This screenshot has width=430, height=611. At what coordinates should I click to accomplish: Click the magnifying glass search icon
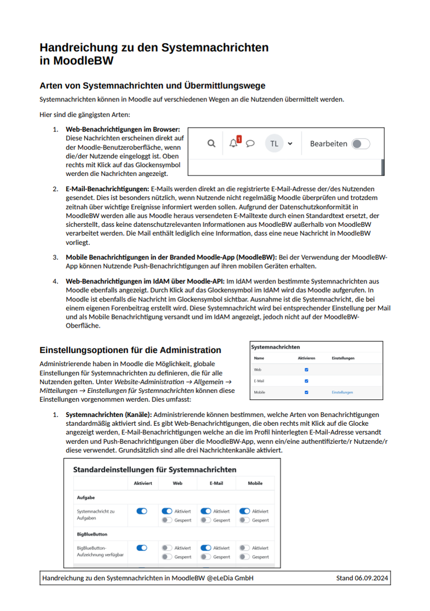point(211,144)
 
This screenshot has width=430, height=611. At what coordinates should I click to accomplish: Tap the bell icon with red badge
point(234,144)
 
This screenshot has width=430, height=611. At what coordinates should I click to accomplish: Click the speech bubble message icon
point(250,144)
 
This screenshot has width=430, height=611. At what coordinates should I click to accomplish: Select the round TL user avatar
point(274,144)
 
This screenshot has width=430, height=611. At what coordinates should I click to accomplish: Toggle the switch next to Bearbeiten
point(360,144)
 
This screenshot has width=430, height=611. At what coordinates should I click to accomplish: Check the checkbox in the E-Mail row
point(306,381)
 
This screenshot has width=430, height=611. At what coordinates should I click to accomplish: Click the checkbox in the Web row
point(306,370)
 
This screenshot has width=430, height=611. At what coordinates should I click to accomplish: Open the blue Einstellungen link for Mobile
point(342,392)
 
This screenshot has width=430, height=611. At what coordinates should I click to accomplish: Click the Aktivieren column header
point(306,358)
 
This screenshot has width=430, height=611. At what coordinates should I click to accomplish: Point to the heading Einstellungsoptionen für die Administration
point(130,350)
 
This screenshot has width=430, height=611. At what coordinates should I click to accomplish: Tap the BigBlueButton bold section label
point(92,534)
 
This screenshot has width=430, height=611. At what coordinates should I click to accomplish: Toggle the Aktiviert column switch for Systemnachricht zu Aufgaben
point(142,511)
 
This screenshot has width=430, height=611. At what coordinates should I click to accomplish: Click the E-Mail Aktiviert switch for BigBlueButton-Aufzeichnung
point(206,547)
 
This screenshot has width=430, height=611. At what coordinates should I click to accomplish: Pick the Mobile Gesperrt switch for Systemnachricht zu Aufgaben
point(245,520)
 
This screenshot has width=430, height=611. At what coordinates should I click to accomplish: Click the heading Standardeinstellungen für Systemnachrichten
point(154,470)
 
